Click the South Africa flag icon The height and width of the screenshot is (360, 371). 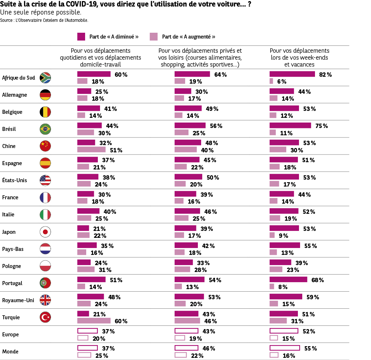pos(45,77)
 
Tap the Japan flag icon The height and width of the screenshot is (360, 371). pos(45,232)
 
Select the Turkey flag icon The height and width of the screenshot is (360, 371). pos(45,317)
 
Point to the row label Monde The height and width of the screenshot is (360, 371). pos(10,352)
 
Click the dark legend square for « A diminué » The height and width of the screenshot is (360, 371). pos(81,36)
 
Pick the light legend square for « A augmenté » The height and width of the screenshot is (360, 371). pos(153,36)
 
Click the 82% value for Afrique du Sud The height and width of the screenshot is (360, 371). pos(325,75)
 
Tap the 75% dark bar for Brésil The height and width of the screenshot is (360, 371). pos(290,125)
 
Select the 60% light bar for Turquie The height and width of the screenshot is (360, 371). pos(94,321)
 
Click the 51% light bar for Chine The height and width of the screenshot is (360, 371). pos(91,149)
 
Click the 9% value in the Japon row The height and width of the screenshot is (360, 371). pos(283,236)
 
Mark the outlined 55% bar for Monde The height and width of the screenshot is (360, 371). pos(284,348)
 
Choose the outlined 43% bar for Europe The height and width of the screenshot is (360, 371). pos(186,331)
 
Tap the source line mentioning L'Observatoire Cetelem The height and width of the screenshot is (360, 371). pos(44,21)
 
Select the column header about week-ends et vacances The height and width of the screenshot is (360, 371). pos(299,57)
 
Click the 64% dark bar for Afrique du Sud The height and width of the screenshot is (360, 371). pos(192,74)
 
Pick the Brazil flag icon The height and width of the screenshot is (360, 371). pos(45,129)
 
